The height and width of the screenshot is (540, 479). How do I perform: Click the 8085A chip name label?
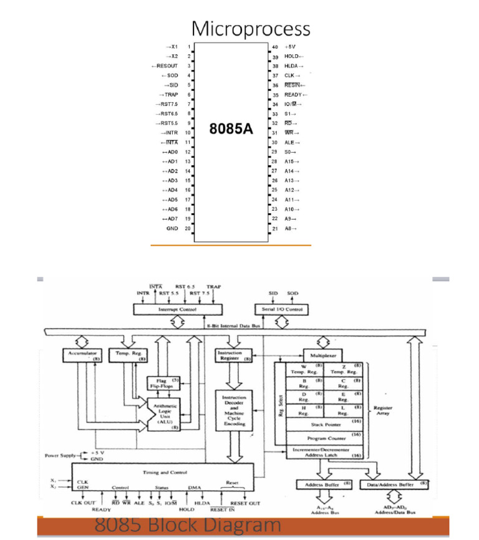pos(230,130)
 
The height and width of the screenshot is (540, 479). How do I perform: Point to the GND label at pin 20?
pos(172,229)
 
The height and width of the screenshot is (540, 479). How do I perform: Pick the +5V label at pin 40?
pos(290,47)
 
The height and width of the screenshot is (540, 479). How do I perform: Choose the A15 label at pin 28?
pos(291,162)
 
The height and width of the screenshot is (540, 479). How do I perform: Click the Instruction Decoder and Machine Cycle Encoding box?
pos(235,410)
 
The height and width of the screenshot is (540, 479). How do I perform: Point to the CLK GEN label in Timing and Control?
pos(82,484)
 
